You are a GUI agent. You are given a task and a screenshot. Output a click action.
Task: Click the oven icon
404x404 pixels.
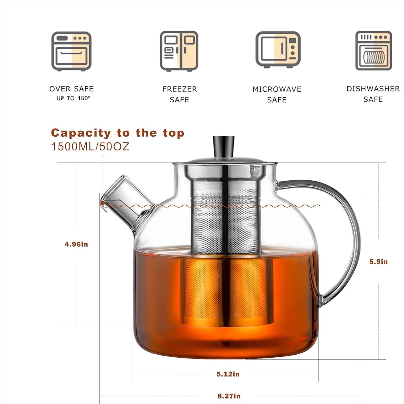[71, 51]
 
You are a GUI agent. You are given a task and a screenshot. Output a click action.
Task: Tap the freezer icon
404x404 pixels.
[179, 51]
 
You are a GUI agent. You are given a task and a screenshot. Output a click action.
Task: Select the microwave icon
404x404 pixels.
[278, 50]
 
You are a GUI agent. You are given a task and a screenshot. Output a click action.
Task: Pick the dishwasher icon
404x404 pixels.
[373, 51]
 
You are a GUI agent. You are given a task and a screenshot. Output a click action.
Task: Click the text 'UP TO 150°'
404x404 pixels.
[73, 98]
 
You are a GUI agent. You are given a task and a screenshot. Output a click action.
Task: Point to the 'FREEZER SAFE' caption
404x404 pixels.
[180, 94]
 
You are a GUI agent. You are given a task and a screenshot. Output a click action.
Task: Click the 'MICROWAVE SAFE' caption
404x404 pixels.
[277, 95]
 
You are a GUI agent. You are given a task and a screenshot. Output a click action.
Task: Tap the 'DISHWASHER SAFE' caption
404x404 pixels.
[373, 94]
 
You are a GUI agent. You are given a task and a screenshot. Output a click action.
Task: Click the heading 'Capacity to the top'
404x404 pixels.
[118, 133]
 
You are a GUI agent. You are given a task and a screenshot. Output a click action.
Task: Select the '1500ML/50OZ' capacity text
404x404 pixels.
[90, 147]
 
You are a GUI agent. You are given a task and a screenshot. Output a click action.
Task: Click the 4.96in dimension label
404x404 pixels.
[76, 244]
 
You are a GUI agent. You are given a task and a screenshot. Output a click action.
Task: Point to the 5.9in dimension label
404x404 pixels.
[378, 262]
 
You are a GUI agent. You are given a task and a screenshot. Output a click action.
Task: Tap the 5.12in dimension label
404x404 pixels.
[228, 374]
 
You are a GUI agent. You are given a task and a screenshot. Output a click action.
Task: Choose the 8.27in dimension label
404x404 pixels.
[229, 396]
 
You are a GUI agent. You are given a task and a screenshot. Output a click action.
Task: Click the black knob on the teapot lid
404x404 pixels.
[223, 146]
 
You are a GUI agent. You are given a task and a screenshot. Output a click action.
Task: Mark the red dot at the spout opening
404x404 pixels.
[103, 203]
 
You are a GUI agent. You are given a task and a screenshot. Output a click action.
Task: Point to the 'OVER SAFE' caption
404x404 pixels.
[71, 89]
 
